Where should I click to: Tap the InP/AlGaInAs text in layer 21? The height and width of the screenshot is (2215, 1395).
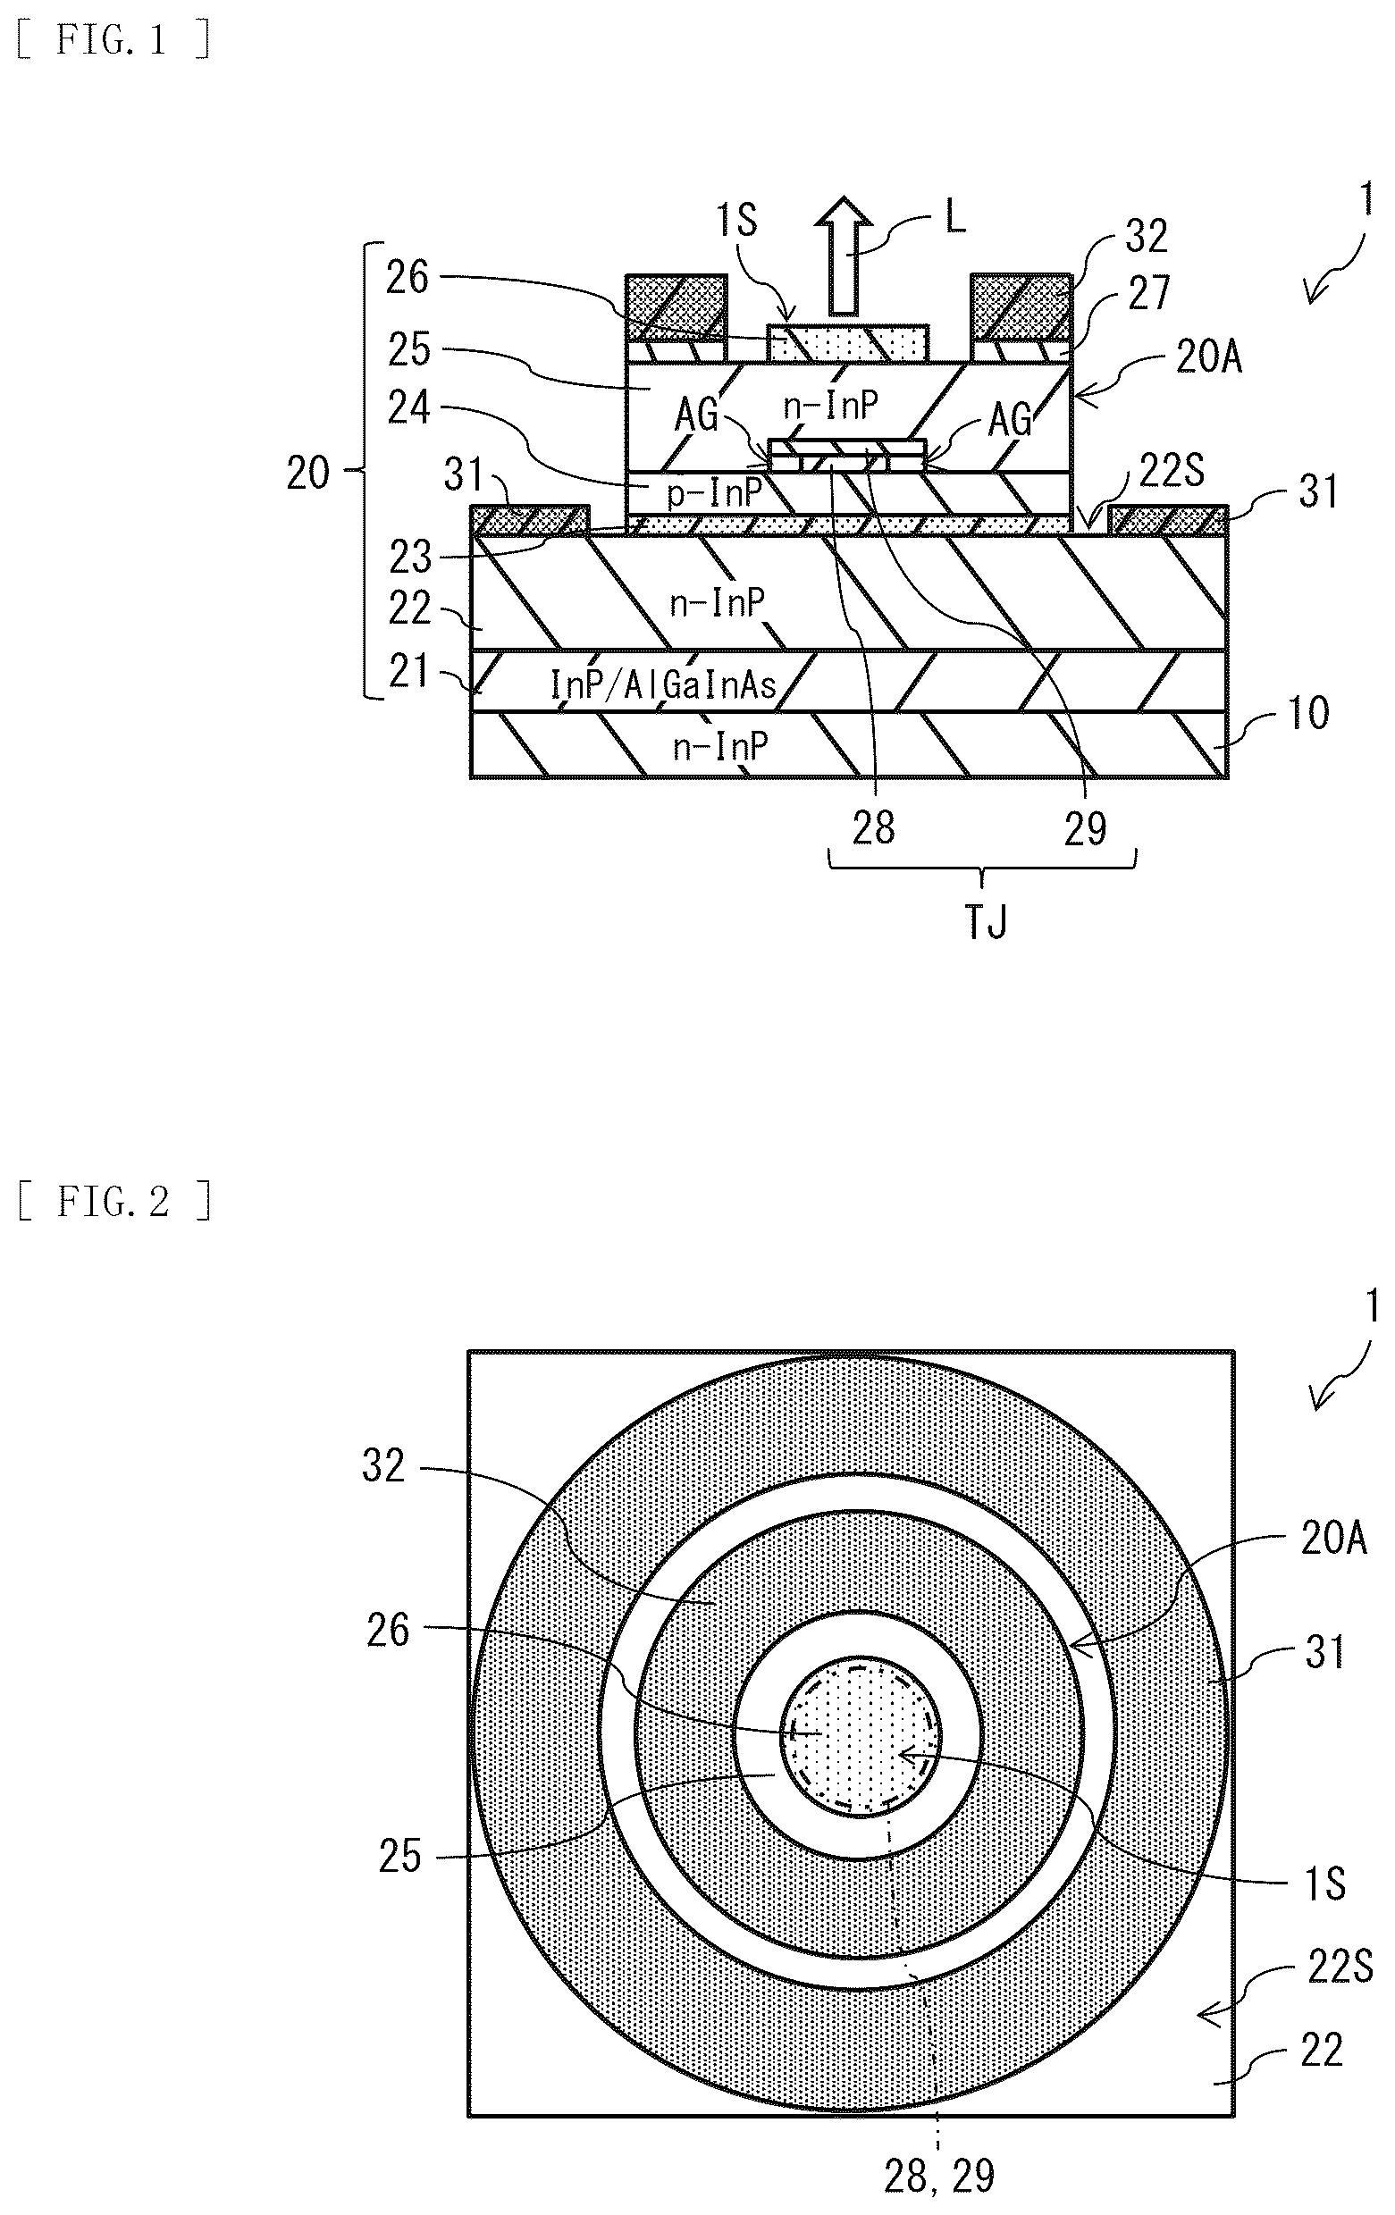coord(662,684)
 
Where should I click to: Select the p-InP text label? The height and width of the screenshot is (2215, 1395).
coord(714,495)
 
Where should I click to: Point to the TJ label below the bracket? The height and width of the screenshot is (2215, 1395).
coord(987,921)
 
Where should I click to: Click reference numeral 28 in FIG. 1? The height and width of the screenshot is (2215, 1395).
coord(872,828)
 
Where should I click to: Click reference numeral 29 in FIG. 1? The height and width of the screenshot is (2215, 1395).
coord(1085,828)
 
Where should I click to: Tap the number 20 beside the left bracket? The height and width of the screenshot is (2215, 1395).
coord(308,473)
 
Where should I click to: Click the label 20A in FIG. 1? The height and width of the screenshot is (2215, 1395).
coord(1209,356)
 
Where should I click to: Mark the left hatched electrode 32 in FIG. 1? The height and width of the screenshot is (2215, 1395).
coord(676,307)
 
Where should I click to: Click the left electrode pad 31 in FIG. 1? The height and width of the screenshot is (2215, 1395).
coord(530,521)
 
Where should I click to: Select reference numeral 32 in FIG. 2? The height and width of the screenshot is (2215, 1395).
coord(383,1465)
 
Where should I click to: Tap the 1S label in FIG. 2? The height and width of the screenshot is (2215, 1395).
coord(1325,1884)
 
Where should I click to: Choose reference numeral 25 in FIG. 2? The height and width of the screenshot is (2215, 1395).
coord(399,1857)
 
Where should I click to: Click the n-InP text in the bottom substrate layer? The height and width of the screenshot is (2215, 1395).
coord(719,746)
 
